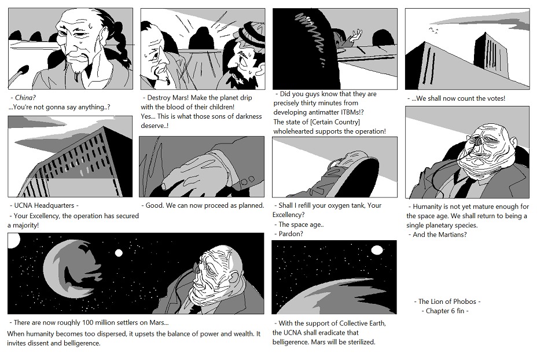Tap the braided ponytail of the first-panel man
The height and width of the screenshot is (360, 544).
point(122,38)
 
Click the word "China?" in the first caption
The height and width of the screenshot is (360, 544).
point(25,98)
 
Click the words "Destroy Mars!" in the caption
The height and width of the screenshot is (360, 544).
point(168,98)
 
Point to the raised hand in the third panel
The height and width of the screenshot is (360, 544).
point(356,36)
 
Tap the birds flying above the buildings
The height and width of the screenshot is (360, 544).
point(433,31)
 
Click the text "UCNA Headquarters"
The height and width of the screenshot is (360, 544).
point(44,205)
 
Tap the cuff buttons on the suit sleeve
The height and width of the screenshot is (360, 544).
point(247,181)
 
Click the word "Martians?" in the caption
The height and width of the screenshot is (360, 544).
point(453,235)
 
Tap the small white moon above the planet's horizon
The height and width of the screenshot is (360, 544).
point(377,250)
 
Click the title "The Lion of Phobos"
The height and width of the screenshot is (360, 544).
point(447,302)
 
